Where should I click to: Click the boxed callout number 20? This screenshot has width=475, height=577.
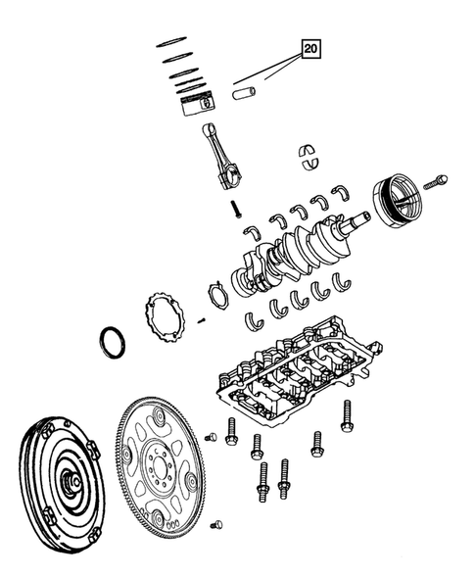310,47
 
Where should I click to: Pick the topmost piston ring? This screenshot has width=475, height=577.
172,41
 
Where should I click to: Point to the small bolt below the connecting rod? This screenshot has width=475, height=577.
236,208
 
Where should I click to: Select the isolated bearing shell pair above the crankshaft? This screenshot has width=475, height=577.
310,155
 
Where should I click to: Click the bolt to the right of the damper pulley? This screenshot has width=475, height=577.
439,180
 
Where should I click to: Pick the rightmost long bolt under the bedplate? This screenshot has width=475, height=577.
345,415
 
